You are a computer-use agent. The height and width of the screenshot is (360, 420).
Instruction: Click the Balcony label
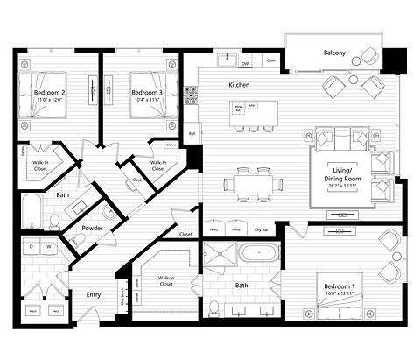click(333, 53)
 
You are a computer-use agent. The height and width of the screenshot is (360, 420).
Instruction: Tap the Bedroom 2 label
click(50, 92)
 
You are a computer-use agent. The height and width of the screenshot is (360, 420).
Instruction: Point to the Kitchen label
click(239, 85)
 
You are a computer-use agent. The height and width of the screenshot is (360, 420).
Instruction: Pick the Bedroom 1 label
click(339, 288)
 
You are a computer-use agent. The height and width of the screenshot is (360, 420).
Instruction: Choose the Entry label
click(93, 294)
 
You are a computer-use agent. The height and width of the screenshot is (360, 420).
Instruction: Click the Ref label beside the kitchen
click(192, 134)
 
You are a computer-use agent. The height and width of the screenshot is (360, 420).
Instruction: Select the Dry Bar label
click(261, 229)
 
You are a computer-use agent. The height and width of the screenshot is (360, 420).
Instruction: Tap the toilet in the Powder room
click(108, 212)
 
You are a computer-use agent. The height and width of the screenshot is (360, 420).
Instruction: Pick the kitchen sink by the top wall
click(230, 60)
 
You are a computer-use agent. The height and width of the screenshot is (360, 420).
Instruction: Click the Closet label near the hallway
click(185, 235)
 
